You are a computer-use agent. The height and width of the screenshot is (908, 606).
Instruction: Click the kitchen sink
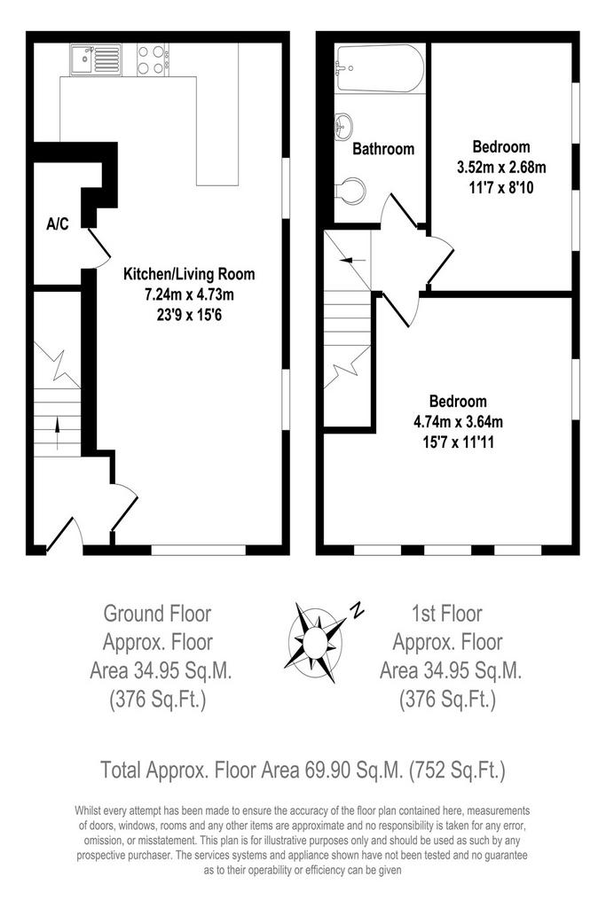coord(96,59)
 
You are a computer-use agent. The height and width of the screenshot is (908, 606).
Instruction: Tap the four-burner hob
coord(153,59)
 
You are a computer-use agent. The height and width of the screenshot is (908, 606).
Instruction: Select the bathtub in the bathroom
coord(380,68)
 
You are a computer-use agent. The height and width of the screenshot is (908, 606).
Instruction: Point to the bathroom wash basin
coord(343,126)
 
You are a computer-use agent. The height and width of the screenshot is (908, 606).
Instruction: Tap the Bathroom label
coord(383,149)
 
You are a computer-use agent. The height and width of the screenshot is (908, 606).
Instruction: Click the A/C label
coord(58,223)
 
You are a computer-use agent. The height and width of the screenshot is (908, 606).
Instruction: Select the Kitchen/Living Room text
coord(189,274)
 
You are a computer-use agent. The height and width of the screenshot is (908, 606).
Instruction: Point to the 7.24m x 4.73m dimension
coord(189,294)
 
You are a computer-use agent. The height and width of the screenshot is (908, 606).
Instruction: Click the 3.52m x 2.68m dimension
coord(501,168)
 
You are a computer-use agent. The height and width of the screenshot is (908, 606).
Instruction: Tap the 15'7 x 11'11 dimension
coord(458,443)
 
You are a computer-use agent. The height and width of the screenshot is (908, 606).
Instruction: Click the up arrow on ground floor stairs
coord(57,433)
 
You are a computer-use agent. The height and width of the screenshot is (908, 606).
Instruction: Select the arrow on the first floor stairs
coord(353,261)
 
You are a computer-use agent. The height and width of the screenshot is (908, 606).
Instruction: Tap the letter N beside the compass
coord(358,610)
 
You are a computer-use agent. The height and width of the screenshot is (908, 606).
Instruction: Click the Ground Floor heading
coord(157,614)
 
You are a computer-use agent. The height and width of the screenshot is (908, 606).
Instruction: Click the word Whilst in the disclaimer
coord(88,810)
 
